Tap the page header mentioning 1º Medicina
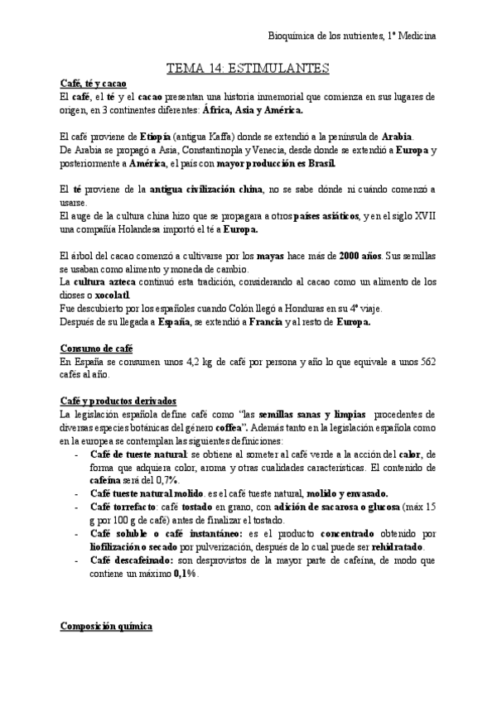point(354,36)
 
